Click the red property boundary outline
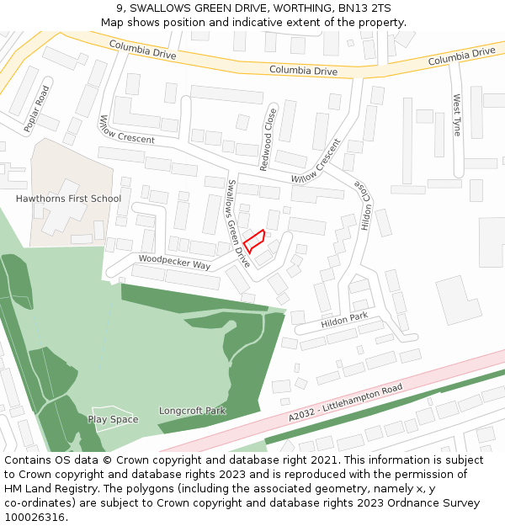(x=254, y=240)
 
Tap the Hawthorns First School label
(x=68, y=199)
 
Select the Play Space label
(x=113, y=419)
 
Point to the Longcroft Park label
(x=192, y=411)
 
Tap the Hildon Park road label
(x=344, y=321)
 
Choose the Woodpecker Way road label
(x=174, y=263)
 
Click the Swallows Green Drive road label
(x=238, y=223)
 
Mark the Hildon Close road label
(x=364, y=206)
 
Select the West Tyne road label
(x=457, y=115)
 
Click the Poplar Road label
(x=37, y=109)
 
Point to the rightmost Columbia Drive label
(x=461, y=56)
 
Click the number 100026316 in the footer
(x=35, y=517)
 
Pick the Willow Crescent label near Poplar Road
(x=127, y=128)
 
